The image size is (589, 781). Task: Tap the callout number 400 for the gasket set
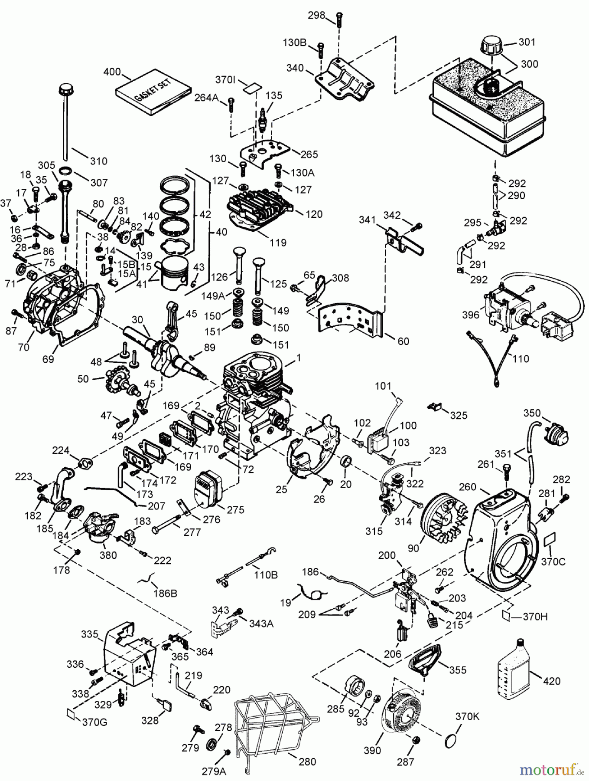point(112,72)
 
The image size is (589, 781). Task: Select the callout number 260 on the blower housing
point(468,487)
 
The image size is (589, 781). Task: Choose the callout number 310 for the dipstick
point(98,161)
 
